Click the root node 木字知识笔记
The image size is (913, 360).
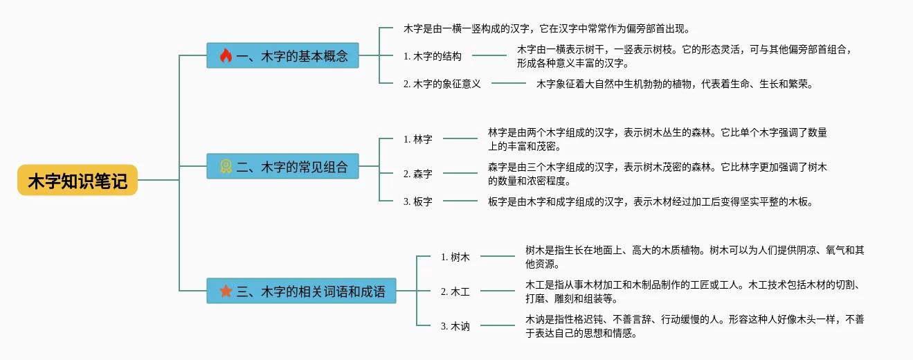78,180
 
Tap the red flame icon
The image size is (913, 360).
226,55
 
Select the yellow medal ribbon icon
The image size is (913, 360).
226,166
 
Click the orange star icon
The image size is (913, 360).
226,291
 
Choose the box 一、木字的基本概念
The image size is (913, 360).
282,55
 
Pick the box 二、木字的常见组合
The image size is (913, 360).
282,166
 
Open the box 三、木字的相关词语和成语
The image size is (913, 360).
301,291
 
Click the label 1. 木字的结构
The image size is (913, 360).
433,56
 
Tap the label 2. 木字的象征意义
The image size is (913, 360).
442,84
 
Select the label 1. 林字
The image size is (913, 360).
418,139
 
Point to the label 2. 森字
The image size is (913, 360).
418,174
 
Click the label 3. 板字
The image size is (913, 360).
418,201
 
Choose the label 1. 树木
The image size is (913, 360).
455,258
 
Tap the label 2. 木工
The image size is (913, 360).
455,292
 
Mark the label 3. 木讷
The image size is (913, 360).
455,327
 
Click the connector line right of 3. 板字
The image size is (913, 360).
460,201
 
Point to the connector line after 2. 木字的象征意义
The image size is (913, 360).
509,83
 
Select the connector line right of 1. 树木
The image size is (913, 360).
498,256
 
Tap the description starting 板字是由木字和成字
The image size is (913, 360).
651,202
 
